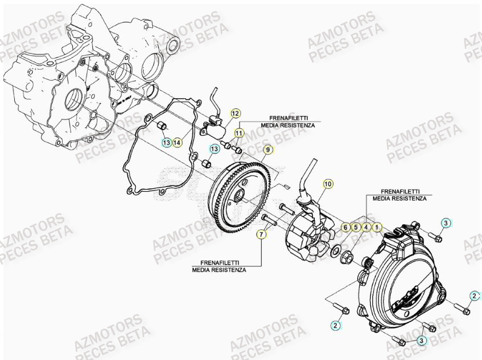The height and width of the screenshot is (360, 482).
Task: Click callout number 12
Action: (236, 113)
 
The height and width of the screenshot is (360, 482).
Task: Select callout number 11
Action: (239, 133)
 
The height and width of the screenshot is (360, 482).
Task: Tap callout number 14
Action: (177, 142)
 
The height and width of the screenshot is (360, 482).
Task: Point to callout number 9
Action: (267, 149)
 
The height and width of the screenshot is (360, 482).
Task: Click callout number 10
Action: (327, 184)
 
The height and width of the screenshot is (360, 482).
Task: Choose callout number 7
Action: (262, 234)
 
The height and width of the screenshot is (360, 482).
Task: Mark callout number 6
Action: (346, 227)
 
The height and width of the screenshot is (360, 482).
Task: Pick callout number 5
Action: (355, 227)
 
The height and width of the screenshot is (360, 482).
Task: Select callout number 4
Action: (366, 227)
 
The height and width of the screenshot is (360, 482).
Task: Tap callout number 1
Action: (376, 227)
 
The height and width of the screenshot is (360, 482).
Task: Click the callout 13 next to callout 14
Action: (165, 142)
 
